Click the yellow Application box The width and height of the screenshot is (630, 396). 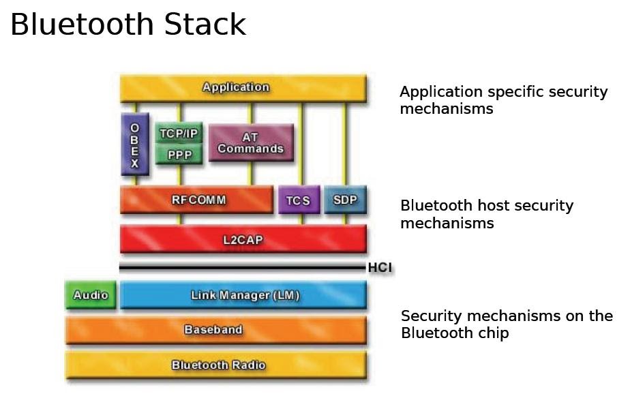tap(243, 88)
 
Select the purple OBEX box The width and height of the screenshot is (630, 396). tap(134, 144)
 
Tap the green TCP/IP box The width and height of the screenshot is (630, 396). tap(179, 134)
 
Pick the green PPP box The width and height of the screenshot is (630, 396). tap(179, 155)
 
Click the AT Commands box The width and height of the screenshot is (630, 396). tap(250, 143)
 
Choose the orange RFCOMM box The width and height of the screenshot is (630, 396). tap(196, 200)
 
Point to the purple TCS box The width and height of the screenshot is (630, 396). tap(298, 200)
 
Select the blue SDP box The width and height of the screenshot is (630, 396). tap(345, 200)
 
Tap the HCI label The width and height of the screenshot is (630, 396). tap(380, 268)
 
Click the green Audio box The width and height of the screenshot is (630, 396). tap(91, 295)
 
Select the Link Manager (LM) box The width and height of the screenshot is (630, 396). tap(243, 295)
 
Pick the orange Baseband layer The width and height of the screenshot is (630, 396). tap(215, 330)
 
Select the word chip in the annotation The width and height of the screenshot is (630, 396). tap(492, 334)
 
